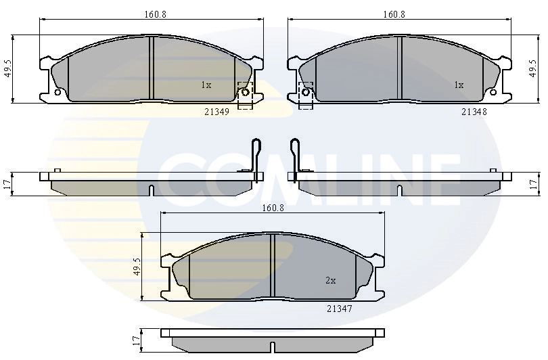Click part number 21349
216,112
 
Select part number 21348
474,112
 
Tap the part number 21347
339,308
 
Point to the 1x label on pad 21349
206,85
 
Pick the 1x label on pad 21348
459,85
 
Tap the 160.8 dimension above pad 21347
273,208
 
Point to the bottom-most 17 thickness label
137,342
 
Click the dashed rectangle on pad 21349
245,94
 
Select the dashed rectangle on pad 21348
306,95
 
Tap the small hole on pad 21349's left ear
58,92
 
